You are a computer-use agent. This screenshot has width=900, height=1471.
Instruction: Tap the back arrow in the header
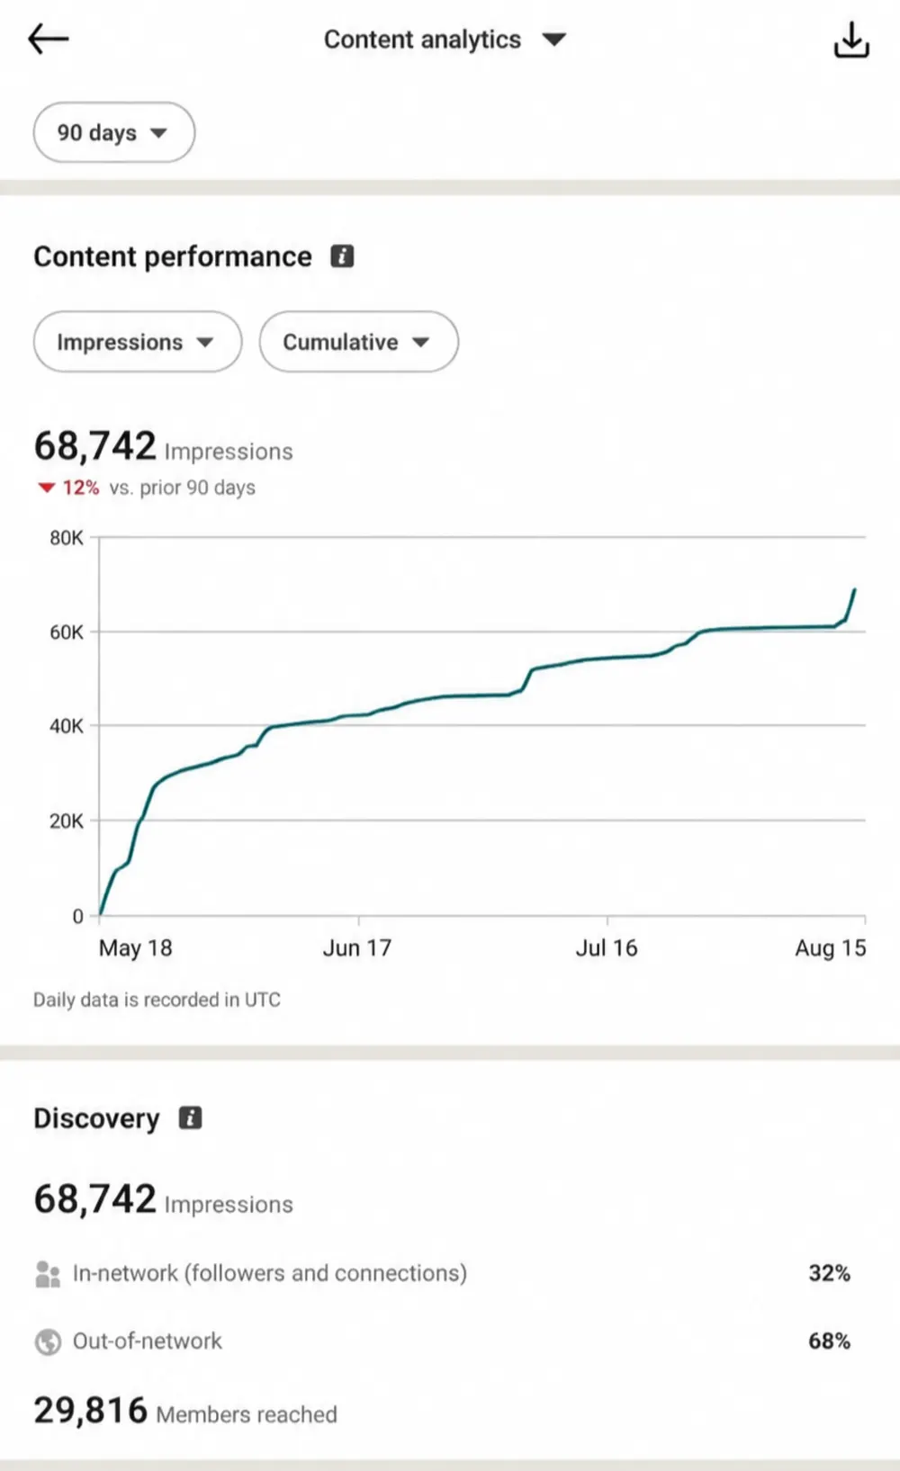[x=48, y=39]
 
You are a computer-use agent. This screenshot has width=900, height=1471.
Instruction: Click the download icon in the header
[x=851, y=40]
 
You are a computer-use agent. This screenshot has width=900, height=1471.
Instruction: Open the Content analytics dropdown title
[x=445, y=40]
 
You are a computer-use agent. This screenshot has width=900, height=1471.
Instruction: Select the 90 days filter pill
[x=114, y=132]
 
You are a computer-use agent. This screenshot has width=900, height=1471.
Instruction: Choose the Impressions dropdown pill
[x=138, y=342]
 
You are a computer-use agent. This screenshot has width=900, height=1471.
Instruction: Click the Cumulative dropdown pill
[x=359, y=342]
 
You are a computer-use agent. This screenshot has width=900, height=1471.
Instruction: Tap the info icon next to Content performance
[x=342, y=256]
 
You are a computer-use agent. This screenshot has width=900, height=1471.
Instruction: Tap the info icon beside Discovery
[x=191, y=1117]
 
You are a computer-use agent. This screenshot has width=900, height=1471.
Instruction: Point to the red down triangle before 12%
[x=46, y=488]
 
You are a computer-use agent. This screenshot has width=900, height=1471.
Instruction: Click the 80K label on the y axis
[x=67, y=538]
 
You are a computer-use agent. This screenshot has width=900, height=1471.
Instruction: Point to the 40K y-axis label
[x=67, y=726]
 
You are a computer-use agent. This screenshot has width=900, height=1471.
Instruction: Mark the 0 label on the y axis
[x=78, y=916]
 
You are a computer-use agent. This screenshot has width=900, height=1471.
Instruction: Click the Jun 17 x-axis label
[x=356, y=947]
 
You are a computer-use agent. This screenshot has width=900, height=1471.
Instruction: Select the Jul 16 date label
[x=607, y=947]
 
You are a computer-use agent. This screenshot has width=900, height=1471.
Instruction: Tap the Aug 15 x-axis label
[x=831, y=947]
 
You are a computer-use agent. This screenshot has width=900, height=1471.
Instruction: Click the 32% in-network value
[x=829, y=1273]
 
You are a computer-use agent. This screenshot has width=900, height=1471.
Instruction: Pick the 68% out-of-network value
[x=829, y=1341]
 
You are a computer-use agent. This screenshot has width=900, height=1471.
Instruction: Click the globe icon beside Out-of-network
[x=48, y=1341]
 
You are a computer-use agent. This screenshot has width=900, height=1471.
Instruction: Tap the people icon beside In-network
[x=48, y=1274]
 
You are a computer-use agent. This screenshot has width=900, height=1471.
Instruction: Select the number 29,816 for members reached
[x=91, y=1410]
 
